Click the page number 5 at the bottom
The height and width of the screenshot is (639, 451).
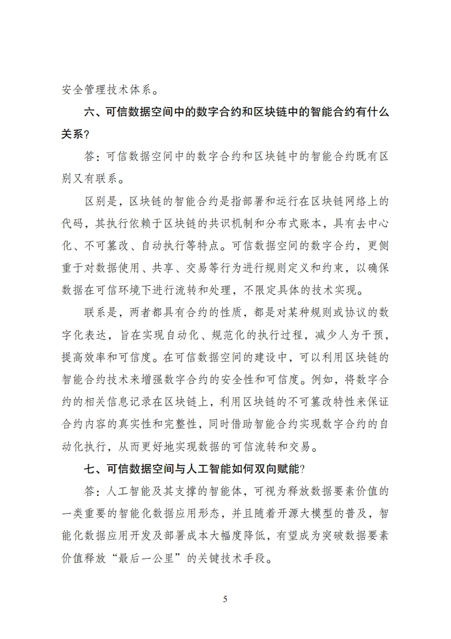tap(225, 599)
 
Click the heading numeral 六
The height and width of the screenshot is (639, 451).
tap(90, 112)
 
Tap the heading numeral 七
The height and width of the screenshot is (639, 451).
tap(90, 469)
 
